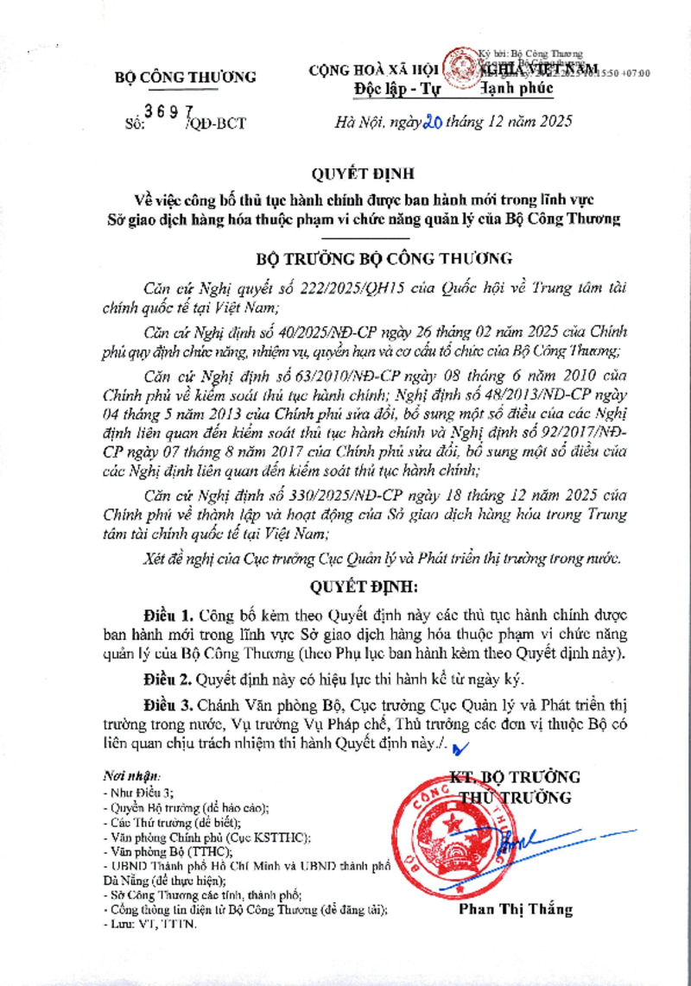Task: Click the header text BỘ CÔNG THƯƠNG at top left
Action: (x=186, y=78)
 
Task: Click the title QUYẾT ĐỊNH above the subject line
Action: (x=345, y=172)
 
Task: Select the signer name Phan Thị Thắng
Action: (x=516, y=909)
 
